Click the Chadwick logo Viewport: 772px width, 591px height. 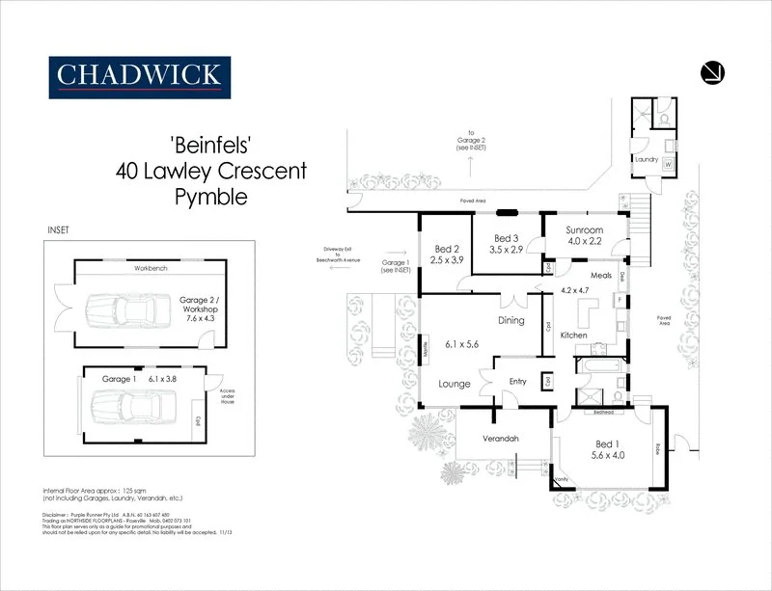pyautogui.click(x=140, y=74)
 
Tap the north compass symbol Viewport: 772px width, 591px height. pyautogui.click(x=714, y=72)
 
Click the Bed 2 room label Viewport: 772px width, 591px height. pyautogui.click(x=446, y=248)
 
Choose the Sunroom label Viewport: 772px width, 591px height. pyautogui.click(x=584, y=230)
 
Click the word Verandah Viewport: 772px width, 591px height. pyautogui.click(x=501, y=439)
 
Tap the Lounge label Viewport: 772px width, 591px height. pyautogui.click(x=454, y=384)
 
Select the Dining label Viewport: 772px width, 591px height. pyautogui.click(x=510, y=321)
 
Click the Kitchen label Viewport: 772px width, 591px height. pyautogui.click(x=574, y=335)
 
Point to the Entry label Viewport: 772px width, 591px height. pyautogui.click(x=518, y=382)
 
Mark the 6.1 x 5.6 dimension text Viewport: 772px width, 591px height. pyautogui.click(x=463, y=343)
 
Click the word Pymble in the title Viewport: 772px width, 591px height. pyautogui.click(x=210, y=199)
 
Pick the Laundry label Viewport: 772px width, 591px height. pyautogui.click(x=646, y=158)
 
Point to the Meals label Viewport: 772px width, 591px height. pyautogui.click(x=600, y=275)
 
